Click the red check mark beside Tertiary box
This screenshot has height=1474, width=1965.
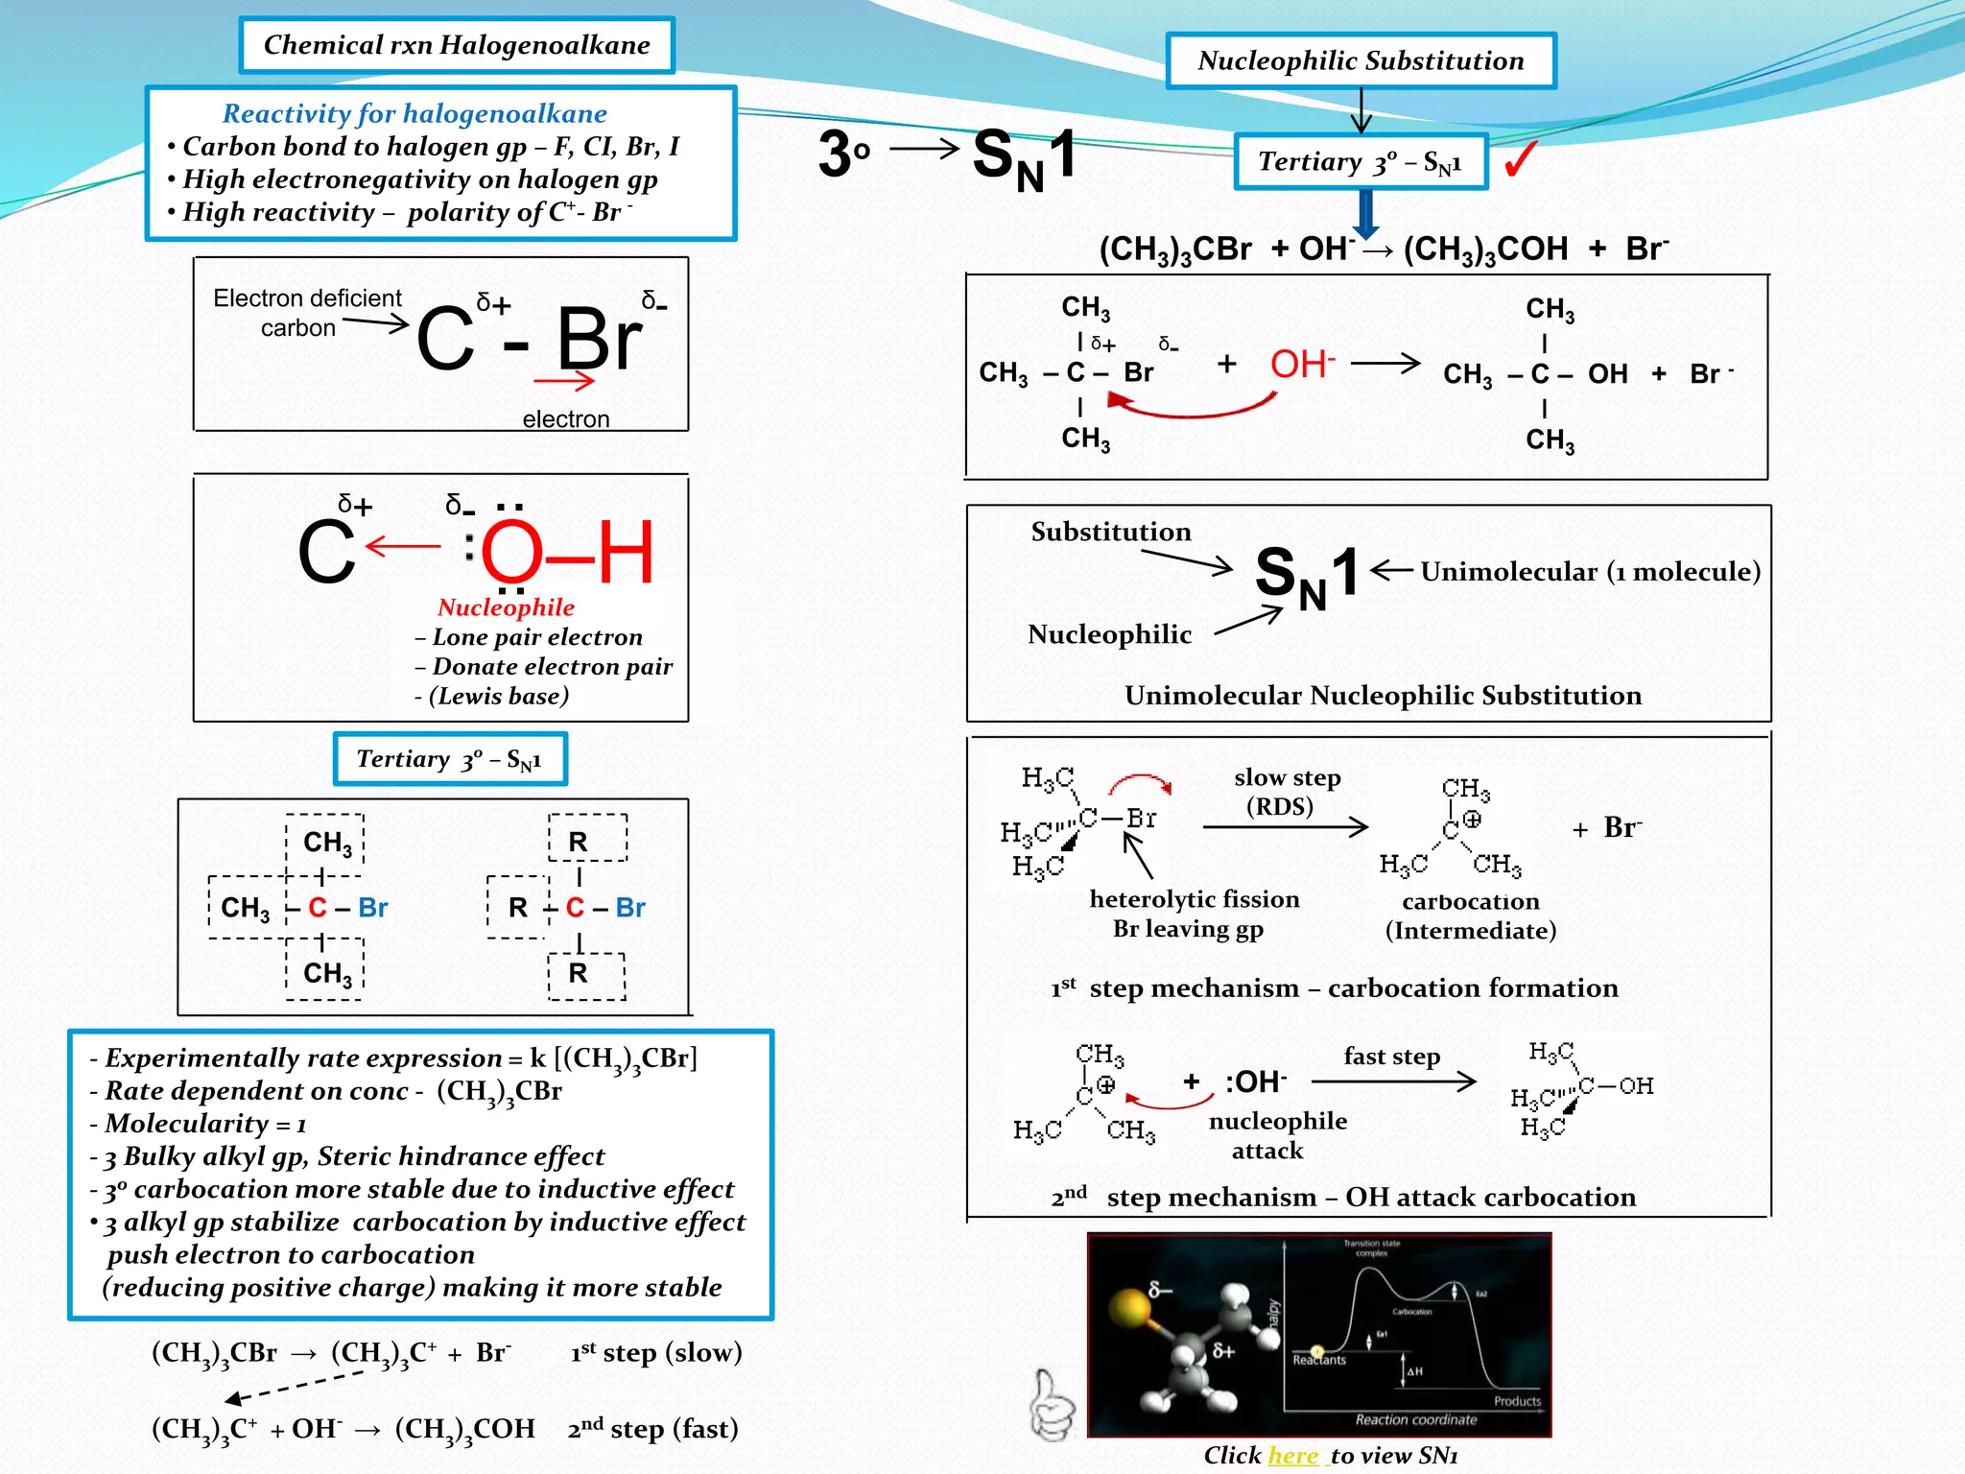tap(1521, 159)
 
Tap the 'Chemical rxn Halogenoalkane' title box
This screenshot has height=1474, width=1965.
tap(457, 45)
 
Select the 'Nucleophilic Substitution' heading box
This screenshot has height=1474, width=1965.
tap(1361, 61)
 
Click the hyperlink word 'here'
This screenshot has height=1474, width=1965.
tap(1292, 1456)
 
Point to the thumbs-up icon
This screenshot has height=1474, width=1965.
tap(1052, 1405)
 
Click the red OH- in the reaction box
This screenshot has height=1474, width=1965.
tap(1301, 365)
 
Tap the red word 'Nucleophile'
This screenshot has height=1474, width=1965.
tap(506, 607)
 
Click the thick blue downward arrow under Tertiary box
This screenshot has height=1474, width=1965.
tap(1365, 213)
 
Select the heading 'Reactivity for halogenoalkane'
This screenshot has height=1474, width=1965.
tap(414, 114)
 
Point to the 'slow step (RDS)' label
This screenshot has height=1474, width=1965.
tap(1286, 792)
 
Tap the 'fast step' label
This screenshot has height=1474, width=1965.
tap(1391, 1057)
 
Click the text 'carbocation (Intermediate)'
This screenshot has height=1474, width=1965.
tap(1470, 915)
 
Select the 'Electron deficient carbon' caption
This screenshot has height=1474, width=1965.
tap(306, 313)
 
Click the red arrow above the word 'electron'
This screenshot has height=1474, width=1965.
tap(564, 382)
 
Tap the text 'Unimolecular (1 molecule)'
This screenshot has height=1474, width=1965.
tap(1590, 572)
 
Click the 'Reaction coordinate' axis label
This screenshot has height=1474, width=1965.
tap(1415, 1419)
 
